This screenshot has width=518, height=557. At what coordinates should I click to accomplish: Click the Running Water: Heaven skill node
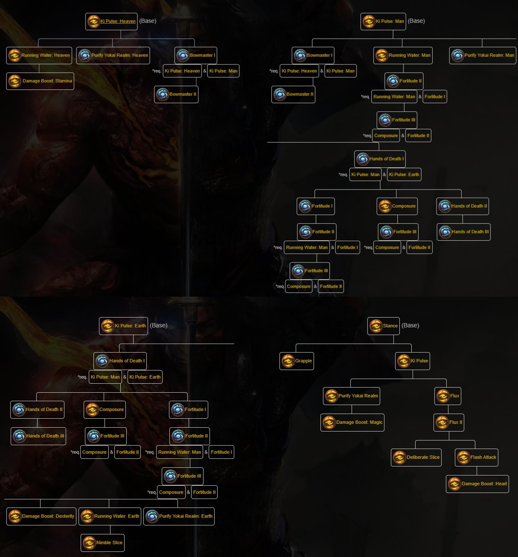[39, 55]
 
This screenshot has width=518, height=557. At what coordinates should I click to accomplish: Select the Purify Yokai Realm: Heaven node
[113, 55]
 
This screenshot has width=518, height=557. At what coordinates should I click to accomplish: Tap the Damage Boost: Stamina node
[40, 81]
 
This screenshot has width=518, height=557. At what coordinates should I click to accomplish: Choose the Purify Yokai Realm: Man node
[483, 55]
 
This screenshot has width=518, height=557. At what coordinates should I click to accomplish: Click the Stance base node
[384, 326]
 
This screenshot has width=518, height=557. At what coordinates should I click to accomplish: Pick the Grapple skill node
[297, 361]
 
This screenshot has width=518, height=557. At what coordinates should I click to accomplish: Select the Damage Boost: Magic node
[352, 423]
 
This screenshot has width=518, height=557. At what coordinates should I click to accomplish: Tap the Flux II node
[449, 423]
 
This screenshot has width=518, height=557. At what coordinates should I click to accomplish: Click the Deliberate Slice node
[416, 458]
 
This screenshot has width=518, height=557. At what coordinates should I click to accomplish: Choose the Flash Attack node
[477, 458]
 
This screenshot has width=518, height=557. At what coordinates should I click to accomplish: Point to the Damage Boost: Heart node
[477, 484]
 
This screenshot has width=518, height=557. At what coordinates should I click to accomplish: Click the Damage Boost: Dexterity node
[41, 516]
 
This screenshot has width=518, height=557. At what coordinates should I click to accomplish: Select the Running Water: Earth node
[110, 516]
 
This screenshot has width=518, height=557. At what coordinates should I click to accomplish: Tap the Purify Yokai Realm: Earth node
[179, 516]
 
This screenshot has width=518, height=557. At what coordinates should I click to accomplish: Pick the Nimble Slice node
[103, 543]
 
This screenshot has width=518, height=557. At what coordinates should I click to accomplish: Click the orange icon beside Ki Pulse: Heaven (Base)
[93, 21]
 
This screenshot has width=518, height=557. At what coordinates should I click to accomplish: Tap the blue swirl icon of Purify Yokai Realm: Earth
[152, 516]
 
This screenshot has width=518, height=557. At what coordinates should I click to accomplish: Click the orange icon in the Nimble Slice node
[89, 543]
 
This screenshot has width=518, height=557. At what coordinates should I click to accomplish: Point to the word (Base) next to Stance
[410, 326]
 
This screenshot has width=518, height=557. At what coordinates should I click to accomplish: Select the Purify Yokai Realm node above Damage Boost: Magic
[352, 396]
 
